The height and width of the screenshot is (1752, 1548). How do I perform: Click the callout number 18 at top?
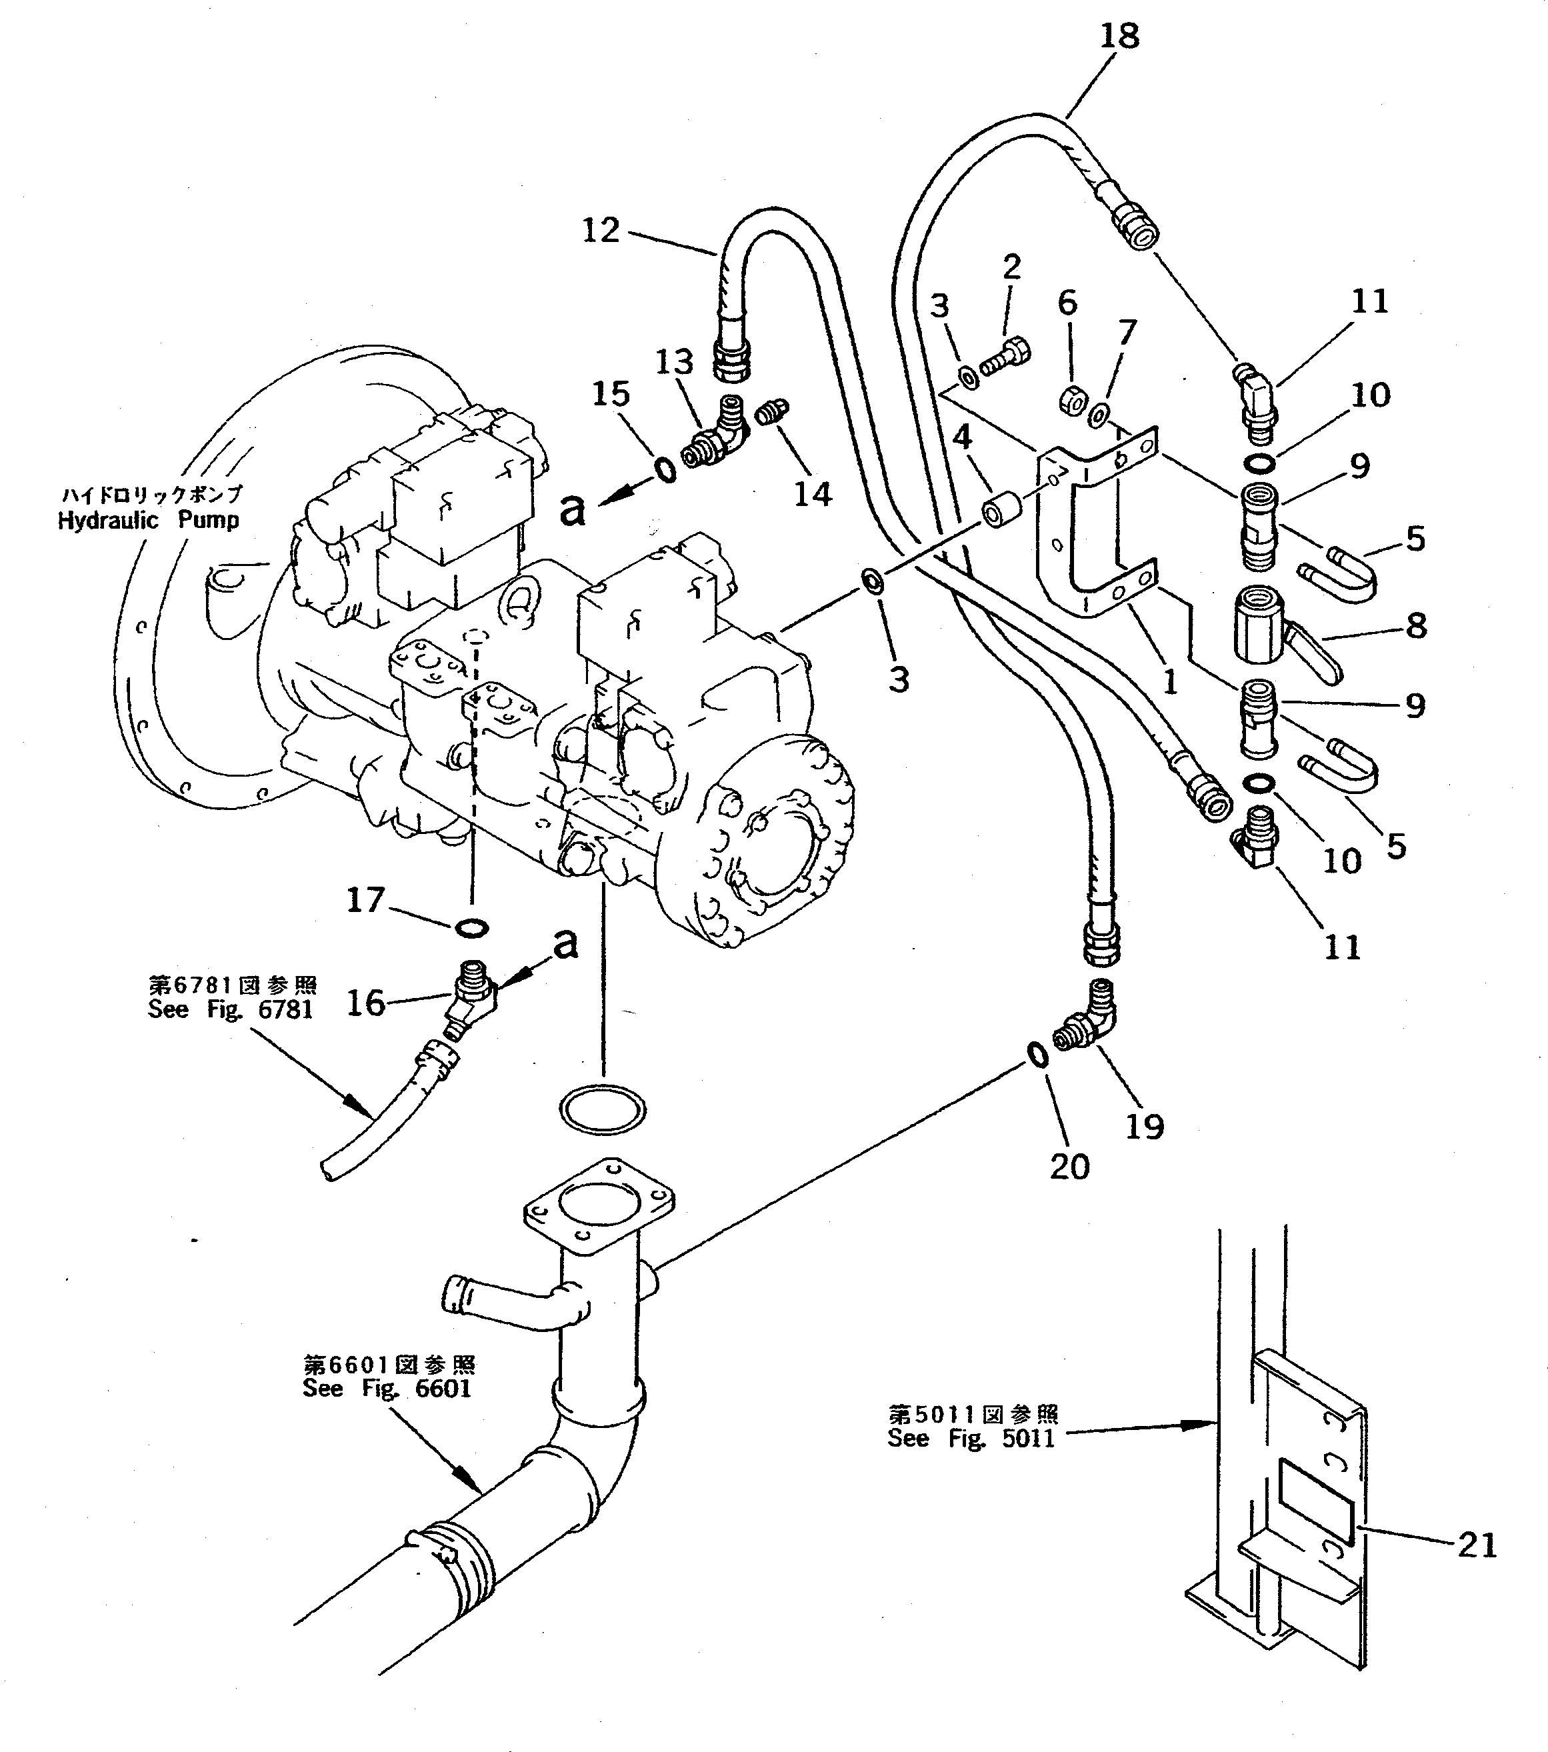[x=1119, y=37]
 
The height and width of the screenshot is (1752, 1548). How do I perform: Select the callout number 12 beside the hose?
[x=600, y=230]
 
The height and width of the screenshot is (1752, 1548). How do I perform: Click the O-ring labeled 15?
[x=664, y=471]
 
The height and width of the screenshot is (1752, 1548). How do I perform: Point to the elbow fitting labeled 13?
[x=711, y=437]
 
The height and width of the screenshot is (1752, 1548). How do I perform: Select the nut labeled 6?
[x=1072, y=399]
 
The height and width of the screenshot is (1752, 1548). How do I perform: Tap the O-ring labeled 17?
[x=471, y=927]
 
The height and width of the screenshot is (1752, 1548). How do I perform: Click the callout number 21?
[x=1477, y=1545]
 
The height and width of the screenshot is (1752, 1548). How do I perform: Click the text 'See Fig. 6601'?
[x=387, y=1389]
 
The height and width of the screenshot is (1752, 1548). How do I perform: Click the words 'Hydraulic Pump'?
[x=148, y=520]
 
